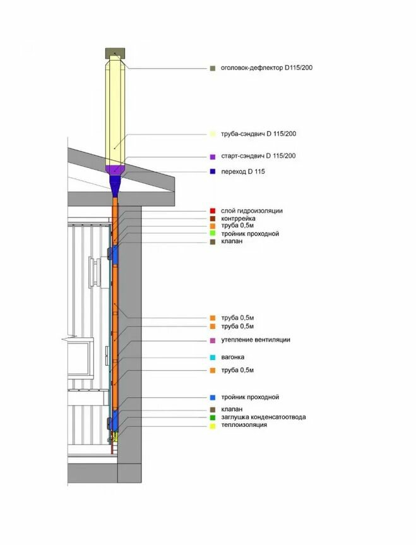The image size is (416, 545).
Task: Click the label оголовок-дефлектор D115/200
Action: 266,68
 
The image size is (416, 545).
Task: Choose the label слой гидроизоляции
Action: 252,210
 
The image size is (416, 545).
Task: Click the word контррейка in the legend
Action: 238,219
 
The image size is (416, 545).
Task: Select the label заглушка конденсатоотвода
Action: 264,417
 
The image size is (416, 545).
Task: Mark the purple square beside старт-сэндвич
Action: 213,157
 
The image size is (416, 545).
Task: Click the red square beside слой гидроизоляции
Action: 213,210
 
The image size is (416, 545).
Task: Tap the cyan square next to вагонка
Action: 213,357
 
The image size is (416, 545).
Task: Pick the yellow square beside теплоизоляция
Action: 213,426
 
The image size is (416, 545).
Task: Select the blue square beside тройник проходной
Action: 213,398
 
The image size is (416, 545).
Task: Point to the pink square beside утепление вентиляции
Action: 213,340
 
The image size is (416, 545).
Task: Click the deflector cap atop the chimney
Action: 116,51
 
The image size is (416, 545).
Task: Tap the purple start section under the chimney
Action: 116,170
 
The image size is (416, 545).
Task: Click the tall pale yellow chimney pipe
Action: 116,107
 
